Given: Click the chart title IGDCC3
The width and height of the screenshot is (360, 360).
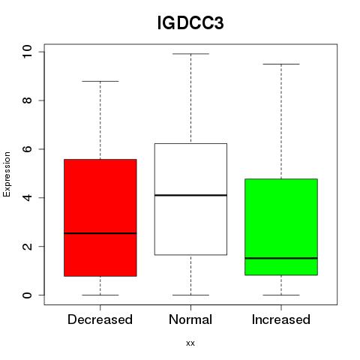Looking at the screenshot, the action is click(x=190, y=23).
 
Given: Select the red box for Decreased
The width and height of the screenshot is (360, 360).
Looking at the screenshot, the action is click(x=100, y=217).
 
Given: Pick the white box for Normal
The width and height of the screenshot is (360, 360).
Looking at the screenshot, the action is click(x=190, y=199).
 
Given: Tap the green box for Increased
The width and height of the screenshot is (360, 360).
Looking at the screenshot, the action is click(x=281, y=227).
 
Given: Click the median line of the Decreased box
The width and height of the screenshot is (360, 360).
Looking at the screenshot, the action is click(x=100, y=233).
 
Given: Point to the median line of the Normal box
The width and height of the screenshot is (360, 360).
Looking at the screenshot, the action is click(x=190, y=195).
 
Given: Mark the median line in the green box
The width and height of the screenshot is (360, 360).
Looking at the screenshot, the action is click(x=281, y=258).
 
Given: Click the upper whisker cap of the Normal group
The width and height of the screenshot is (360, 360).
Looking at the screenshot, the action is click(x=190, y=54).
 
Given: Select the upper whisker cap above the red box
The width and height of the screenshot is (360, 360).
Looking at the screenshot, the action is click(x=100, y=81).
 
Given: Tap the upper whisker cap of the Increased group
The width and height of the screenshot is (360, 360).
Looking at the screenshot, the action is click(x=281, y=64).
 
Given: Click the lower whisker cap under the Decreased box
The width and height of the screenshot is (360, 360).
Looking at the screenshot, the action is click(x=100, y=295).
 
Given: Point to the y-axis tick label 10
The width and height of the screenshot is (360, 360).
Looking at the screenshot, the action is click(x=27, y=52).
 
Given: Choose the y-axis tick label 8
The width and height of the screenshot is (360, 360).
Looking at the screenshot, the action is click(x=27, y=100).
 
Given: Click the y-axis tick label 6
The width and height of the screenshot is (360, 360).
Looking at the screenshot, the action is click(x=27, y=149).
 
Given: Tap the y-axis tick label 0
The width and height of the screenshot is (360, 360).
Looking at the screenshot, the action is click(x=27, y=295).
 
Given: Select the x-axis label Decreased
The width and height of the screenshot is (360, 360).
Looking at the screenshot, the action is click(x=100, y=319).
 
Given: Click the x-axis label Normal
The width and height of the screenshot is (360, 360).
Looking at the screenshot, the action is click(x=190, y=319).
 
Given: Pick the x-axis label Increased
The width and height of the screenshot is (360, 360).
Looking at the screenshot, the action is click(x=281, y=319).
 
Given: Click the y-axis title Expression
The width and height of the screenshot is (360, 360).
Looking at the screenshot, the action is click(x=7, y=174).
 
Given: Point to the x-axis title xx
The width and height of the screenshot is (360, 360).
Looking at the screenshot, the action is click(x=190, y=343).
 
